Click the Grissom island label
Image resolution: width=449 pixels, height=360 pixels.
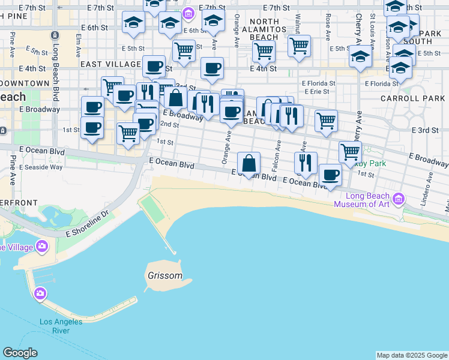pos(164,276)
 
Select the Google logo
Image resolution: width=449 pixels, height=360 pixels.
pos(20,353)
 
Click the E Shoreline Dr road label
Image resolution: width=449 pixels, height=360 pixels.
pos(88,222)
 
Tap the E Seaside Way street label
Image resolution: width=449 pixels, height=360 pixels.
pos(41,167)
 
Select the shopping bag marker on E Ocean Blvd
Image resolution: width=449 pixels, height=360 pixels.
pos(249,164)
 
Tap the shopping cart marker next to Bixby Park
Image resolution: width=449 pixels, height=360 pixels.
pos(350,152)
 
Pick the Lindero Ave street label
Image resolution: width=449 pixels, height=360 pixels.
pos(430,188)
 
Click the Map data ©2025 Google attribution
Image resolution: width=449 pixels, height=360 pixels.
pos(412,355)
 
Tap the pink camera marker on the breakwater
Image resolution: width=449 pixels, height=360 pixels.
pos(40,293)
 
